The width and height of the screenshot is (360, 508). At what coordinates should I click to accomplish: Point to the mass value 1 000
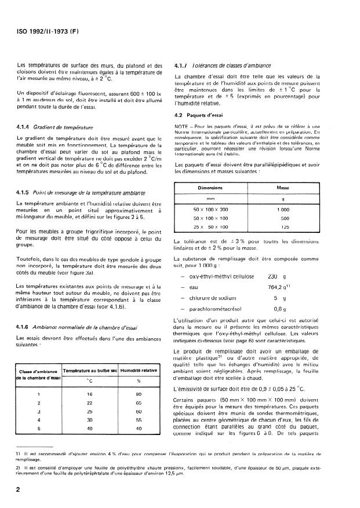click(x=282, y=209)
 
